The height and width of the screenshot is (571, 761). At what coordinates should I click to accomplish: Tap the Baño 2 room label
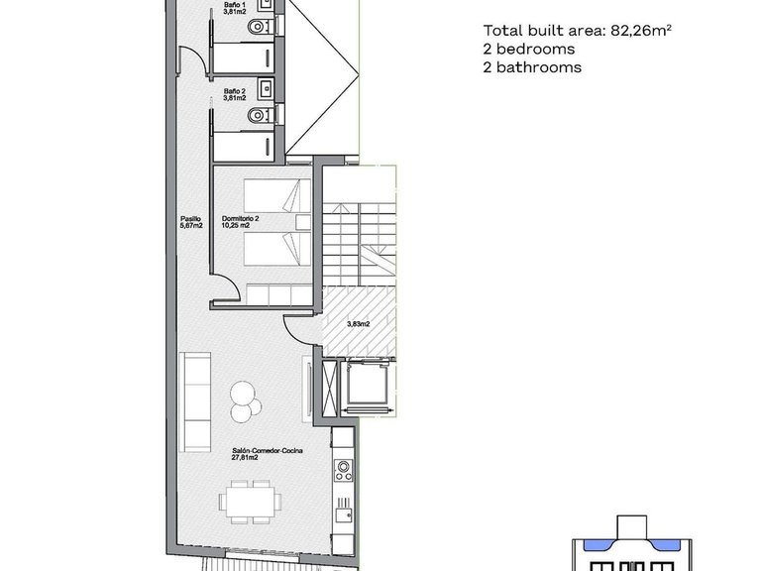point(234,94)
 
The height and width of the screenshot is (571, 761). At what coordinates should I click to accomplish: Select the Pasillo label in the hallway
point(191,221)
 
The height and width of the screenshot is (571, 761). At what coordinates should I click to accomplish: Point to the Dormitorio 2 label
point(241,221)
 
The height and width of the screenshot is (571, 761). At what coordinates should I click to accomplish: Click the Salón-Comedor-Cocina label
point(267,454)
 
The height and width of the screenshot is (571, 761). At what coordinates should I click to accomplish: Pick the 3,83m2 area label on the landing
point(358,323)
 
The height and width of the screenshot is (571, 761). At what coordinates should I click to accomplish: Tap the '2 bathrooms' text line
point(531,67)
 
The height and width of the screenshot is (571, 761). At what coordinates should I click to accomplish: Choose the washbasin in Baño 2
point(266,89)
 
